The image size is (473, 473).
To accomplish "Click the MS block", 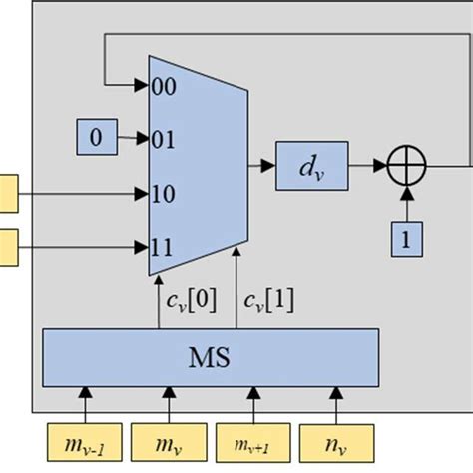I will point(211,356).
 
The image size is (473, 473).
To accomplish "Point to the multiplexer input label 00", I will point(165,87).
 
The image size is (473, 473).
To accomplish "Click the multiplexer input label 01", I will point(165,140).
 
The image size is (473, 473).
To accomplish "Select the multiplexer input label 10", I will point(165,193).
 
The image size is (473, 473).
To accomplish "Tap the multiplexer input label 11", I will point(165,244).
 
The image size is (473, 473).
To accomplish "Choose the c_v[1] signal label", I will point(268,299).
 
